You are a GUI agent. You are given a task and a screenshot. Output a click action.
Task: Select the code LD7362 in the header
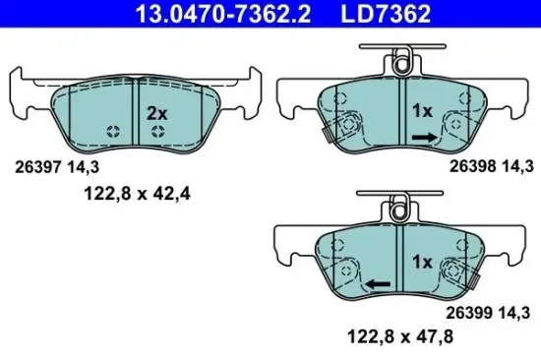pyautogui.click(x=372, y=13)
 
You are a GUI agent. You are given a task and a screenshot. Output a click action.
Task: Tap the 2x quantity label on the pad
pyautogui.click(x=156, y=113)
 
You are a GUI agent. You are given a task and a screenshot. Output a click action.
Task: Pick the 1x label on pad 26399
pyautogui.click(x=422, y=262)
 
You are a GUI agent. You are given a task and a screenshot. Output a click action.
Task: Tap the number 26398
pyautogui.click(x=469, y=168)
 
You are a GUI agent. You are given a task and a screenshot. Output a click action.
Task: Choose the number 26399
pyautogui.click(x=469, y=314)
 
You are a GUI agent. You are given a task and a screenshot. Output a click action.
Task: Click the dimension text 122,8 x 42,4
pyautogui.click(x=136, y=193)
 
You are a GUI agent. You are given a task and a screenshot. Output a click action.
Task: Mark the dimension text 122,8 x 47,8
pyautogui.click(x=393, y=338)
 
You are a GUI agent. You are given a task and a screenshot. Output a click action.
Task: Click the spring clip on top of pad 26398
pyautogui.click(x=398, y=65)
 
